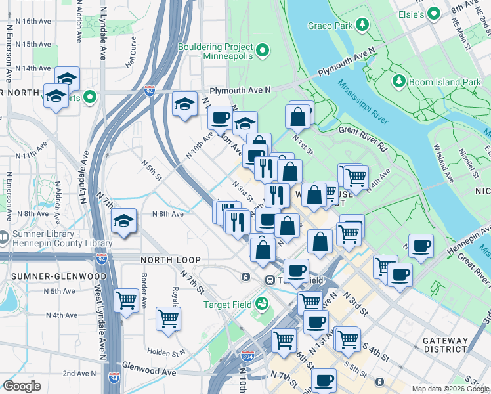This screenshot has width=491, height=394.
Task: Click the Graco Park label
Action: pyautogui.click(x=330, y=26)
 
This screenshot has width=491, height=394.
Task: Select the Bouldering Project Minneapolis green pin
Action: pyautogui.click(x=263, y=51)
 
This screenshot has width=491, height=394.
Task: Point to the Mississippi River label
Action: pyautogui.click(x=362, y=102)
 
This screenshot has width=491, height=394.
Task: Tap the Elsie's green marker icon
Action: pyautogui.click(x=433, y=13)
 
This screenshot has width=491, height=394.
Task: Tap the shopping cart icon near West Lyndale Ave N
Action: pyautogui.click(x=125, y=300)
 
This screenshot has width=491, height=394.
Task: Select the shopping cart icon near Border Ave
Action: pyautogui.click(x=168, y=318)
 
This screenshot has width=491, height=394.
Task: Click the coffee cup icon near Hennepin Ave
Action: pyautogui.click(x=421, y=246)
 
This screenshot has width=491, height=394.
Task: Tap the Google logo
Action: pyautogui.click(x=22, y=386)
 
